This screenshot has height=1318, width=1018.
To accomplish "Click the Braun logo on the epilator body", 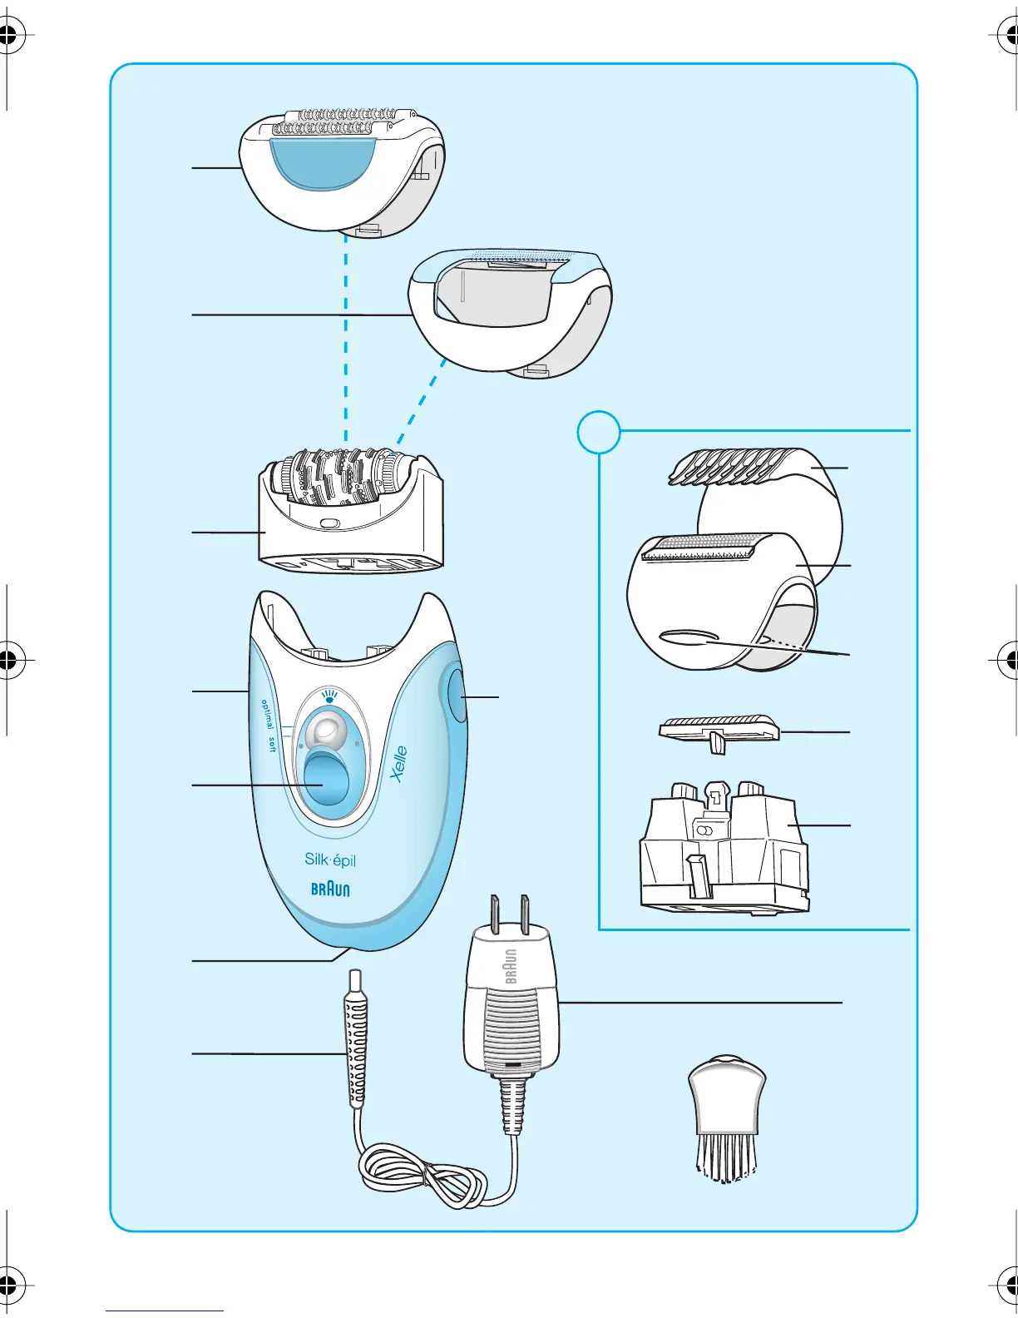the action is [x=330, y=889].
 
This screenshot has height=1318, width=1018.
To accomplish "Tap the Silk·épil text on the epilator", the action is [x=330, y=860].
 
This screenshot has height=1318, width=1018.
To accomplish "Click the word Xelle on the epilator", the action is [x=399, y=763].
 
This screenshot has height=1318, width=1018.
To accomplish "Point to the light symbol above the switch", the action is [x=330, y=695].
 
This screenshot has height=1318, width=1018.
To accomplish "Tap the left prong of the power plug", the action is [x=495, y=913].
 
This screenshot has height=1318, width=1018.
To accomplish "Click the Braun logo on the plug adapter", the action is [x=510, y=965].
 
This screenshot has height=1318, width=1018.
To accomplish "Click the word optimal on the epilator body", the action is [x=265, y=715].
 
